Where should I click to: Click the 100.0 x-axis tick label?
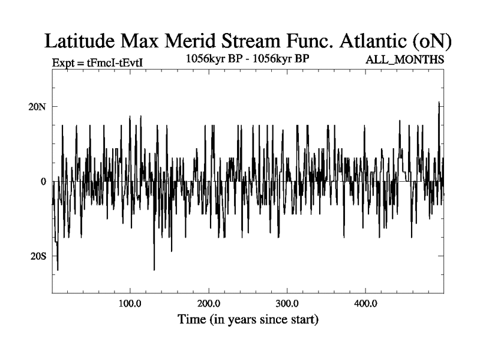(x=130, y=304)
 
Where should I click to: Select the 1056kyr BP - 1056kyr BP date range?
(x=247, y=59)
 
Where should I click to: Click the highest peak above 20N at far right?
(x=439, y=103)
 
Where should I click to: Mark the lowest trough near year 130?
(x=154, y=269)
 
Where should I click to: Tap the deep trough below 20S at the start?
(x=58, y=269)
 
